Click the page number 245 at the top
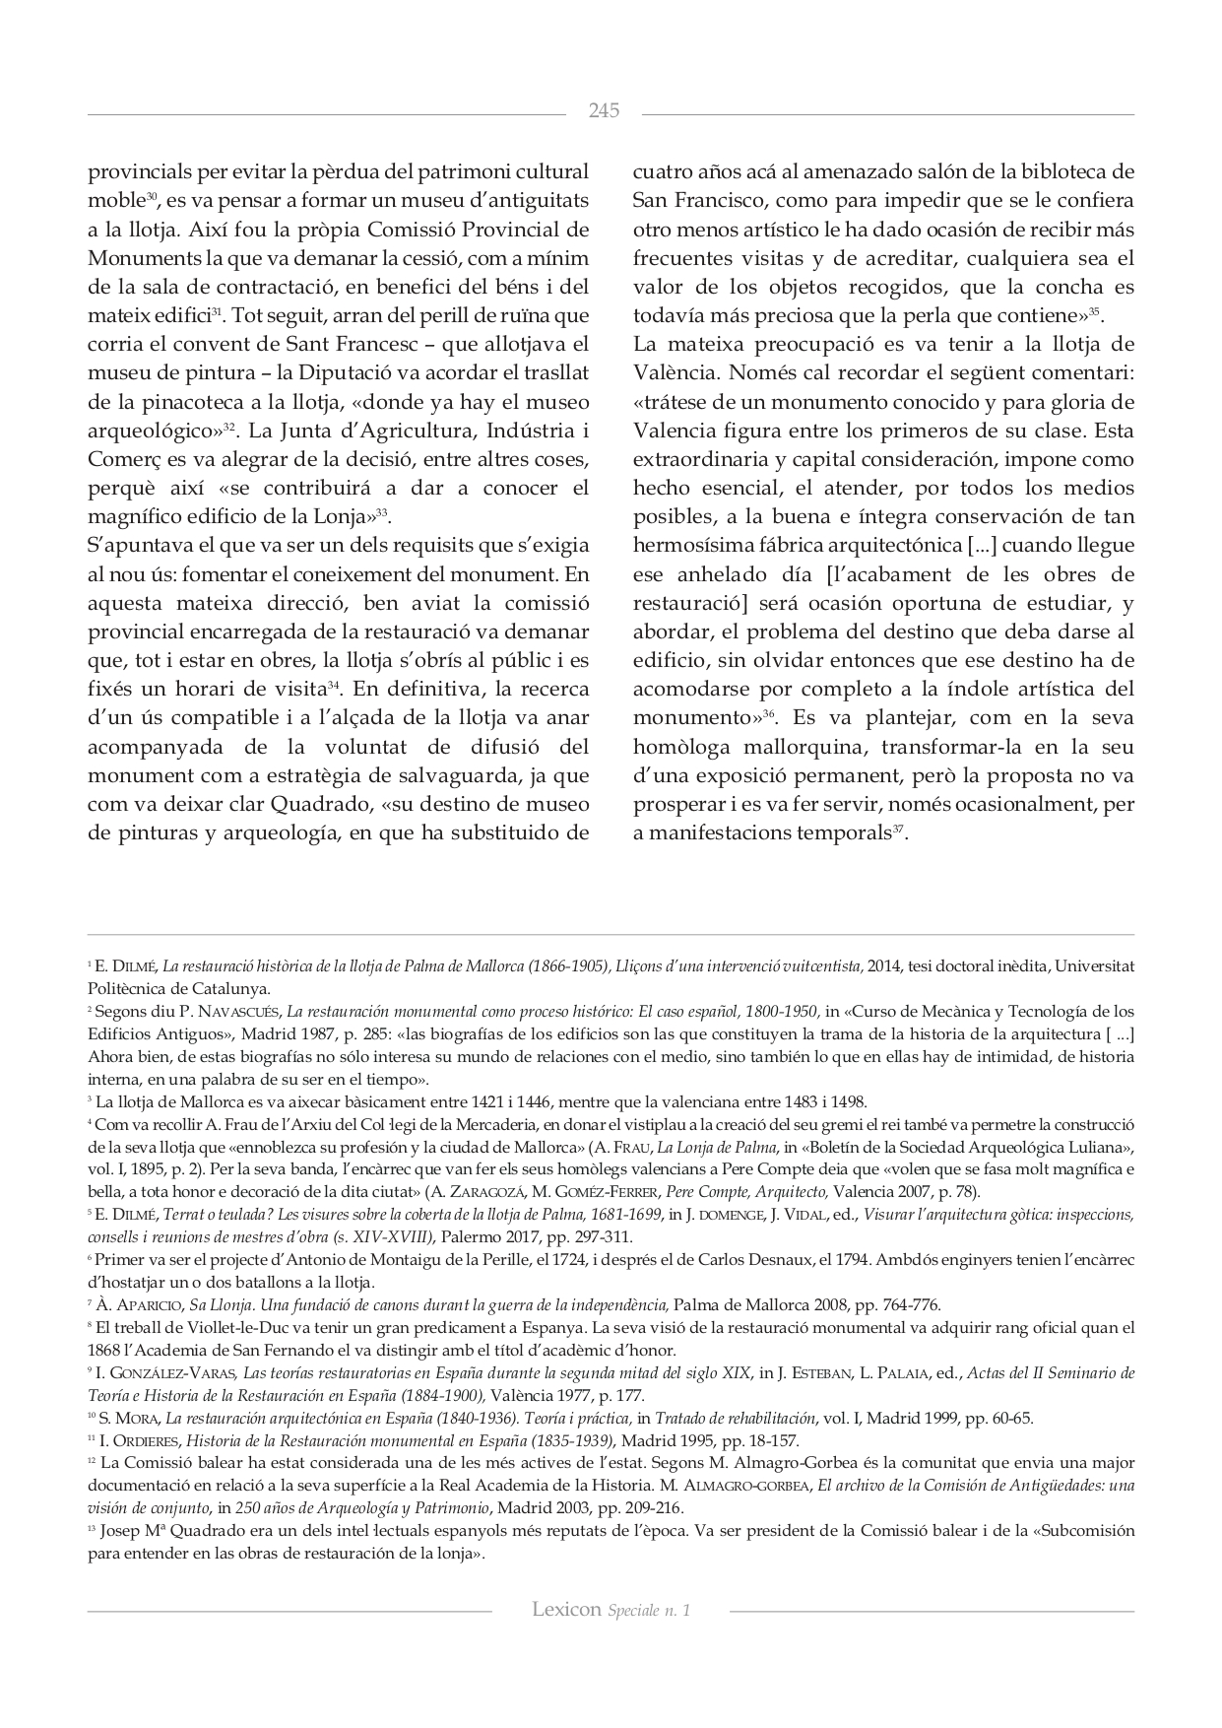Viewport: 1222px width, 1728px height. tap(604, 111)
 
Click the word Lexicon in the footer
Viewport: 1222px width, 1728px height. tap(566, 1610)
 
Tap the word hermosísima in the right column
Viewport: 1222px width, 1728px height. tap(694, 546)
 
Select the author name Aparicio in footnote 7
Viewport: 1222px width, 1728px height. tap(144, 1305)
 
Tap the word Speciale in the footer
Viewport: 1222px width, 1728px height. tap(636, 1611)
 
